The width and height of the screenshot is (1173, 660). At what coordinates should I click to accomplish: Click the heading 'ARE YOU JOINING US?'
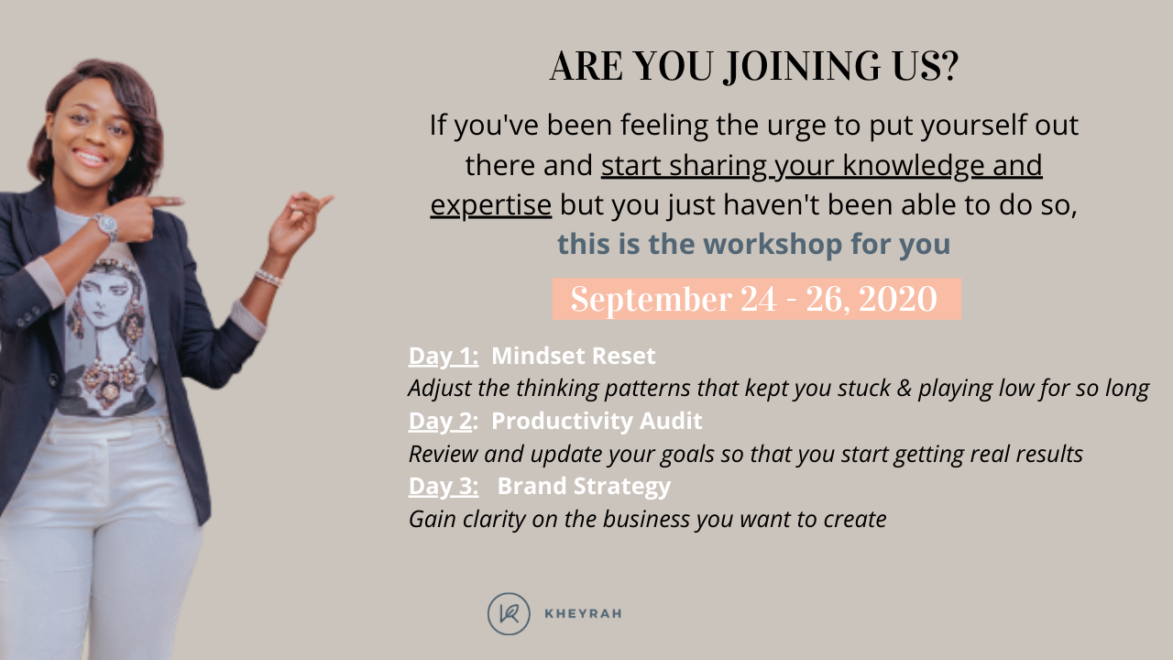(753, 67)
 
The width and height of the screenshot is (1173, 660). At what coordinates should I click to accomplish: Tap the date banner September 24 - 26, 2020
(755, 300)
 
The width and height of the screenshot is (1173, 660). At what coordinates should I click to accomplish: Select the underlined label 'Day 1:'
(444, 356)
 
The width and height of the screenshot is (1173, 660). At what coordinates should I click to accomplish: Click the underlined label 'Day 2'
(440, 421)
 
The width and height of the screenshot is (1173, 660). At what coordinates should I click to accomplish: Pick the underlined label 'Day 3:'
(444, 486)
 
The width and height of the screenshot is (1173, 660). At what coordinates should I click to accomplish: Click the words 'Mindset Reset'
(574, 356)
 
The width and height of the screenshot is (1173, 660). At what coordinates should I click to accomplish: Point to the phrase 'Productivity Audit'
(597, 421)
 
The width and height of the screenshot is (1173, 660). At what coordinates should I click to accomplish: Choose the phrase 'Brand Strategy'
(584, 486)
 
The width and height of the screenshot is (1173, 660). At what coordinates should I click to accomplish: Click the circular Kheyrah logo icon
(509, 613)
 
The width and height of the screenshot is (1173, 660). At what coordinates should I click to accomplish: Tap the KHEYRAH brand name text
(583, 614)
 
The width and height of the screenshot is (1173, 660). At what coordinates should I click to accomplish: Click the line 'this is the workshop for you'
(753, 245)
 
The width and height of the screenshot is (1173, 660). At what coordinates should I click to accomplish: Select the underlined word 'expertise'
(490, 205)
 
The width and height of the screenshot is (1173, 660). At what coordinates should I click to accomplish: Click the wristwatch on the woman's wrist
(104, 224)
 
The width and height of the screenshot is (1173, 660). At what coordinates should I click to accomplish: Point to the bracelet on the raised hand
(267, 276)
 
